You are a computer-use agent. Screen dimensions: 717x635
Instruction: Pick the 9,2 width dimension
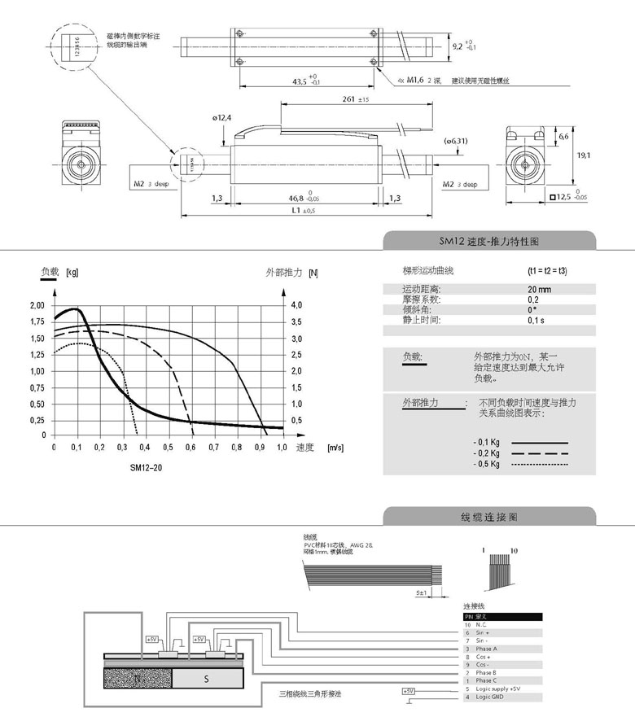tap(462, 46)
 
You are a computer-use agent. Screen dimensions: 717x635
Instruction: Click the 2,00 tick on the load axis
tap(37, 305)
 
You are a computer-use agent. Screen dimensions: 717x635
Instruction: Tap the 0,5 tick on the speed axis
tap(168, 448)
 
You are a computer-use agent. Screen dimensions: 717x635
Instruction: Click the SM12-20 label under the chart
tap(146, 468)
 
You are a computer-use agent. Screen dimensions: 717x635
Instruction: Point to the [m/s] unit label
tap(334, 448)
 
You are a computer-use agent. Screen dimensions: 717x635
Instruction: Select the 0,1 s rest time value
tap(536, 321)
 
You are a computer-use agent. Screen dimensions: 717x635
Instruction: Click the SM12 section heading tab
tap(489, 242)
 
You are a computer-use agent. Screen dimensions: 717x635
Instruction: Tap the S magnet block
tap(207, 677)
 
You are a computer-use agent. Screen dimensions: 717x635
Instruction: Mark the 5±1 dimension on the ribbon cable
tap(422, 593)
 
